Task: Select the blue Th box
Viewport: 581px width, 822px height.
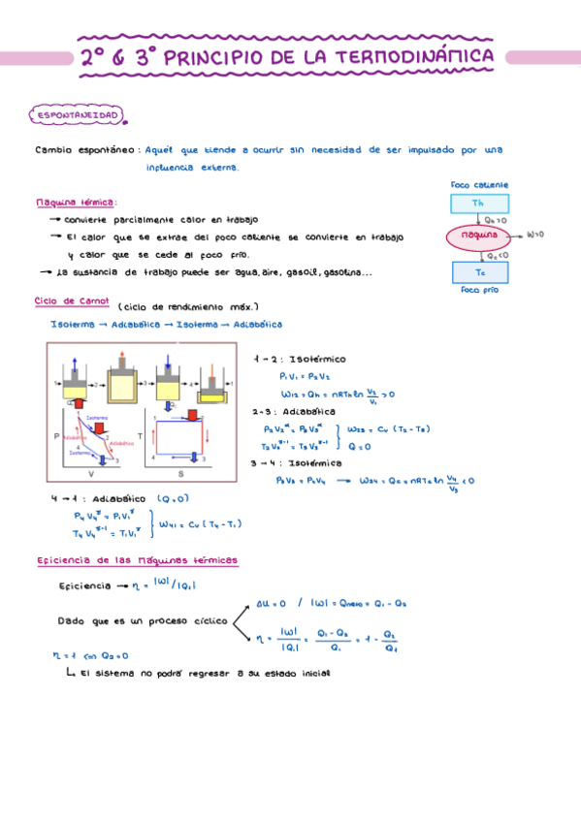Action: point(477,204)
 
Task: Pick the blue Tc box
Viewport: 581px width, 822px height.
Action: point(478,272)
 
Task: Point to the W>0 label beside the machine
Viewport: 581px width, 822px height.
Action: point(535,235)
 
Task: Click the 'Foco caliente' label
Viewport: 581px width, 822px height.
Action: point(480,184)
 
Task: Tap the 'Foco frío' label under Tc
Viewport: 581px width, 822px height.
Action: point(481,289)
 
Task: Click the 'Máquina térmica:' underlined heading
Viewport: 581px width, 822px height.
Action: point(76,204)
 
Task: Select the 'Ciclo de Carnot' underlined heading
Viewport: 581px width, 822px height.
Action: point(73,300)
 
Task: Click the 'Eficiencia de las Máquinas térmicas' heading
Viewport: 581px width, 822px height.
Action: point(137,561)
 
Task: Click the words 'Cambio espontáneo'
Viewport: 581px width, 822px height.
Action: point(85,150)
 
